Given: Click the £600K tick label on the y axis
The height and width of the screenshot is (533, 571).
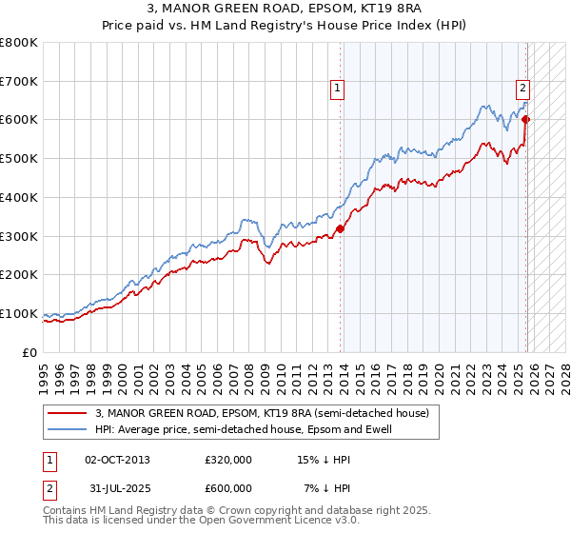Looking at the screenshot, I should click(x=19, y=120).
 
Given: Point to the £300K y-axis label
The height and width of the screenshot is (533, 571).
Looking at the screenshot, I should click(x=19, y=236).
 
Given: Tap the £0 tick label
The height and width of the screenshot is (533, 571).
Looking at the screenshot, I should click(x=30, y=352).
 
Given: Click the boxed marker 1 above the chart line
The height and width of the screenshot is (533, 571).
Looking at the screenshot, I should click(x=337, y=89).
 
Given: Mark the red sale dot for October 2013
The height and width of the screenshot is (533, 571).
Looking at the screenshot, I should click(x=340, y=228).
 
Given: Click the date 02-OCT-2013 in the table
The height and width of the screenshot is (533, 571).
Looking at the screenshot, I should click(x=117, y=460).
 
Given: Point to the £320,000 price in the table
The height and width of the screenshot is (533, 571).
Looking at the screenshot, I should click(x=227, y=460).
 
